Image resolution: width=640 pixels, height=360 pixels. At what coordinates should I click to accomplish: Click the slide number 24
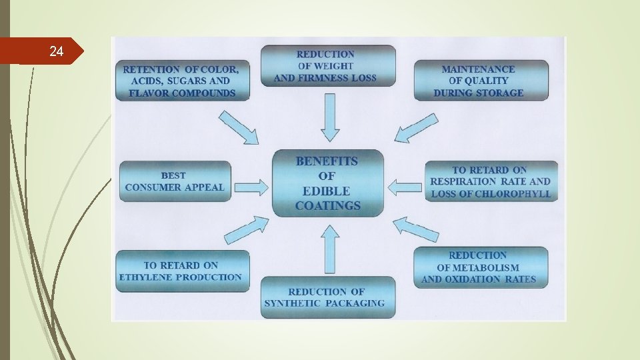click(57, 51)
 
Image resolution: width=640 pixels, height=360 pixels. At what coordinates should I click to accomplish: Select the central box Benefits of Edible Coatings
click(328, 183)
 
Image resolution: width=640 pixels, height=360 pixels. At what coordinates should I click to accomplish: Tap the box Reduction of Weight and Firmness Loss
click(327, 66)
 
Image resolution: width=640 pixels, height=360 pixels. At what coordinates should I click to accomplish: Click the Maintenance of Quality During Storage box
click(481, 80)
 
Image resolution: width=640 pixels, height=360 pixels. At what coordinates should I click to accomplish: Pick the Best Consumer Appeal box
click(175, 181)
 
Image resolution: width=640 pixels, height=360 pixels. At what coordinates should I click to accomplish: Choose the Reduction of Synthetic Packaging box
click(327, 297)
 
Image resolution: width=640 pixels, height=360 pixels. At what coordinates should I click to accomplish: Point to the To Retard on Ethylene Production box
click(182, 271)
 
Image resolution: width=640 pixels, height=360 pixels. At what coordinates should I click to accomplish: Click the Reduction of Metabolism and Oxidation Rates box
click(481, 267)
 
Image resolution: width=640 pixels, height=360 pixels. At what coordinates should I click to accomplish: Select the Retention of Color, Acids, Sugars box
click(182, 81)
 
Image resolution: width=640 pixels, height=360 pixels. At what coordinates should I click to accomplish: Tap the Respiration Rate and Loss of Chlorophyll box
click(491, 181)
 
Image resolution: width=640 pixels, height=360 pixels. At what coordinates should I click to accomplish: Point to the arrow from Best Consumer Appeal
click(251, 186)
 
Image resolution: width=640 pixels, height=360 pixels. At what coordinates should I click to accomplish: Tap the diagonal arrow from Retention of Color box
click(239, 127)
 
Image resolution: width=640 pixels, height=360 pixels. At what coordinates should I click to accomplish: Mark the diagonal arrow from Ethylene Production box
click(246, 229)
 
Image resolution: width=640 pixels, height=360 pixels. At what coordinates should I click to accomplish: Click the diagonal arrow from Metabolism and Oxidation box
click(415, 229)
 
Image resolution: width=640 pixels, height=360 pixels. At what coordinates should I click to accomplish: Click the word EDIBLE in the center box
click(327, 191)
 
